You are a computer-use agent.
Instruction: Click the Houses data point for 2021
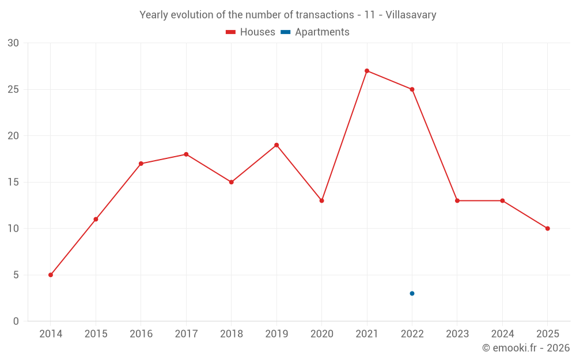tap(367, 71)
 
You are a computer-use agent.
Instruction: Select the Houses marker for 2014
tap(51, 275)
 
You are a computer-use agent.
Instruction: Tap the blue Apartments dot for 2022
tap(412, 293)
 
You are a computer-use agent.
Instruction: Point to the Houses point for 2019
tap(276, 145)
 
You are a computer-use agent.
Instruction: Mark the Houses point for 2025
tap(548, 229)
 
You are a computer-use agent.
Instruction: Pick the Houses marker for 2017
tap(186, 154)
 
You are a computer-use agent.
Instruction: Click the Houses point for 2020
tap(321, 200)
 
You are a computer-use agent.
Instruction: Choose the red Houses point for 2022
tap(412, 89)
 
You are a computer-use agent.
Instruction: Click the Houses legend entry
tap(251, 32)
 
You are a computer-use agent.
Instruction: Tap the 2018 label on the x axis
tap(231, 334)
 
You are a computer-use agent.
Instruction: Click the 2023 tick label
tap(457, 334)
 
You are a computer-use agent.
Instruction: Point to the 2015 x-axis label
tap(96, 334)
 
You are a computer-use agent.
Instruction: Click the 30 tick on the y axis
tap(13, 43)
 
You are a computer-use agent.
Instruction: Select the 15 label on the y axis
tap(13, 182)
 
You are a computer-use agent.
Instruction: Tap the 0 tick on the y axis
tap(16, 321)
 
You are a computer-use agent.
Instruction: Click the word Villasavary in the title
tap(411, 15)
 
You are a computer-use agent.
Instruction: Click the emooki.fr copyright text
tap(526, 348)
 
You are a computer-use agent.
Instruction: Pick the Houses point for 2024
tap(502, 200)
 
